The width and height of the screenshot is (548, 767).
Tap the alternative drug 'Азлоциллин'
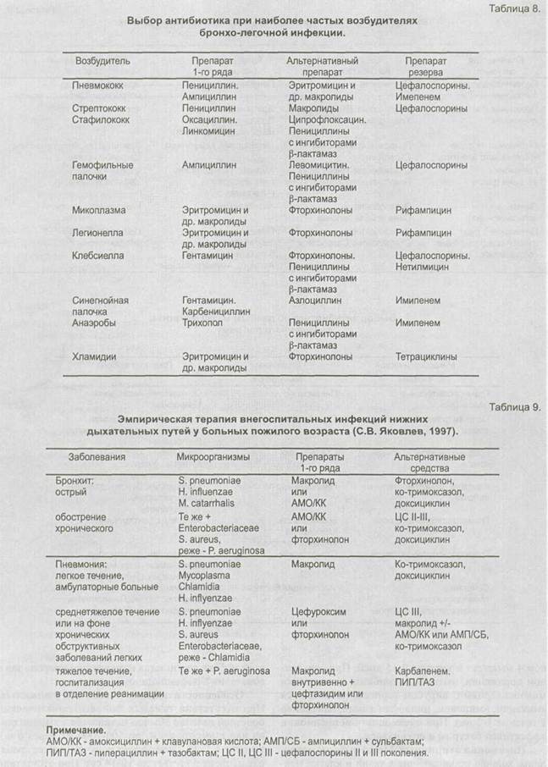(x=315, y=300)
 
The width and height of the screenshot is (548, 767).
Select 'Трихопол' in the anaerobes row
(x=202, y=323)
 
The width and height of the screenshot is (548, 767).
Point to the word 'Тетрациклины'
(x=426, y=357)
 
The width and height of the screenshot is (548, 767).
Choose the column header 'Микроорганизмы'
(x=213, y=456)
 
